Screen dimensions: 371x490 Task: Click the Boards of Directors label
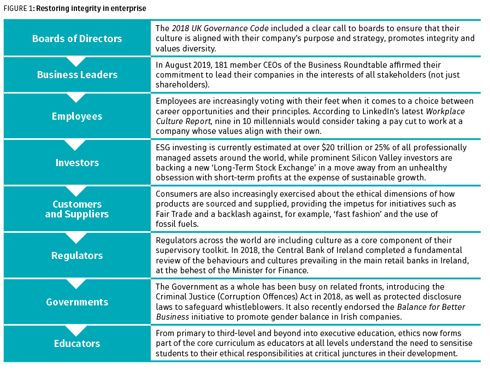click(x=77, y=39)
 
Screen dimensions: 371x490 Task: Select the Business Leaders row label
click(x=77, y=75)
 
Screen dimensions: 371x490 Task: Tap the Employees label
click(x=77, y=116)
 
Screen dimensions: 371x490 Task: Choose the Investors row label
click(x=77, y=162)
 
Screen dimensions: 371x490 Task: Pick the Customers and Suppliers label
click(x=77, y=209)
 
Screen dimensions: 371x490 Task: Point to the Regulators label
click(x=77, y=255)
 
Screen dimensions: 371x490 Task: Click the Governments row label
click(x=77, y=302)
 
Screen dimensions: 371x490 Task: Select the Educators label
click(x=77, y=343)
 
